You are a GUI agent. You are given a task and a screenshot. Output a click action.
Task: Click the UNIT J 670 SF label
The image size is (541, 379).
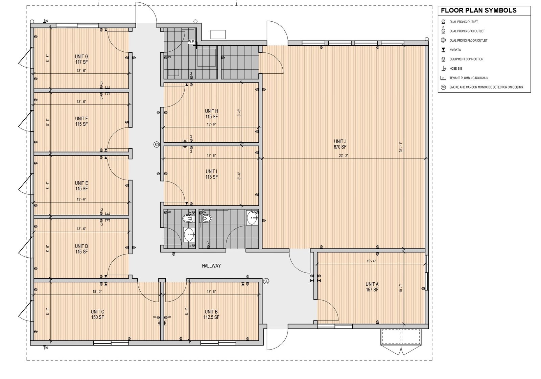[340, 144]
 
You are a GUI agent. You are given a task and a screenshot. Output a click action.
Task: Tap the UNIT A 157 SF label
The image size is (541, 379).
[372, 287]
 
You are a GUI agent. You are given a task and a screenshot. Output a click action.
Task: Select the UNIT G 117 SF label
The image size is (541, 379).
[81, 59]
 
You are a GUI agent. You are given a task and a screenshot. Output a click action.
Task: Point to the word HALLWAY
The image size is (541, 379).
[211, 266]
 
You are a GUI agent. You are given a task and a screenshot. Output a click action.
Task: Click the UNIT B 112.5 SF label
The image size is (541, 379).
[211, 314]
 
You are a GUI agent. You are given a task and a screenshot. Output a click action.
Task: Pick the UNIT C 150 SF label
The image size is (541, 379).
[98, 314]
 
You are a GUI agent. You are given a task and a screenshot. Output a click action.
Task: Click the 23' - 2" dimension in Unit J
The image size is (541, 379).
[344, 156]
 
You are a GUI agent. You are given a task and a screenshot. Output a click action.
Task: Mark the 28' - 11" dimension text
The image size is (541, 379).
[401, 147]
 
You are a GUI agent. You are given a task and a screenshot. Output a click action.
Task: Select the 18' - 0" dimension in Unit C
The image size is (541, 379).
[97, 291]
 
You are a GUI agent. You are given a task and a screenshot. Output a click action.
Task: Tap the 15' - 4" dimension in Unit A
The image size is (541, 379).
[371, 261]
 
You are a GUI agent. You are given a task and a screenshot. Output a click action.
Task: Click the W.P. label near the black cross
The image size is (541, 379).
[191, 42]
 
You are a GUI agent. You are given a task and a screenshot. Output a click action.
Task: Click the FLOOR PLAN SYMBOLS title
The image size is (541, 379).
[479, 10]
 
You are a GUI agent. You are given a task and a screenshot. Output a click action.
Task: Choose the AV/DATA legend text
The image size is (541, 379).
[455, 50]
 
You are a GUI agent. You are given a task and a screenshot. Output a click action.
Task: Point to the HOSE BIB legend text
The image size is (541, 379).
[456, 69]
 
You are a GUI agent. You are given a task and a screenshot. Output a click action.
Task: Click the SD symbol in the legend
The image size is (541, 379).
[443, 87]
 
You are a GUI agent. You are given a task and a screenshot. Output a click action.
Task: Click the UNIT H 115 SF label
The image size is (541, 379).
[212, 114]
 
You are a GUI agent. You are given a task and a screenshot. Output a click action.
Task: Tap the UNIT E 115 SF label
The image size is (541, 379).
[81, 186]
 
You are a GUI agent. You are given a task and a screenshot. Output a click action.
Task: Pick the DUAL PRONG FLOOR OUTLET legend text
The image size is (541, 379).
[468, 41]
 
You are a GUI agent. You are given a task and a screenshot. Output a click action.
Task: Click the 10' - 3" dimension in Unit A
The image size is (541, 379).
[401, 288]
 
